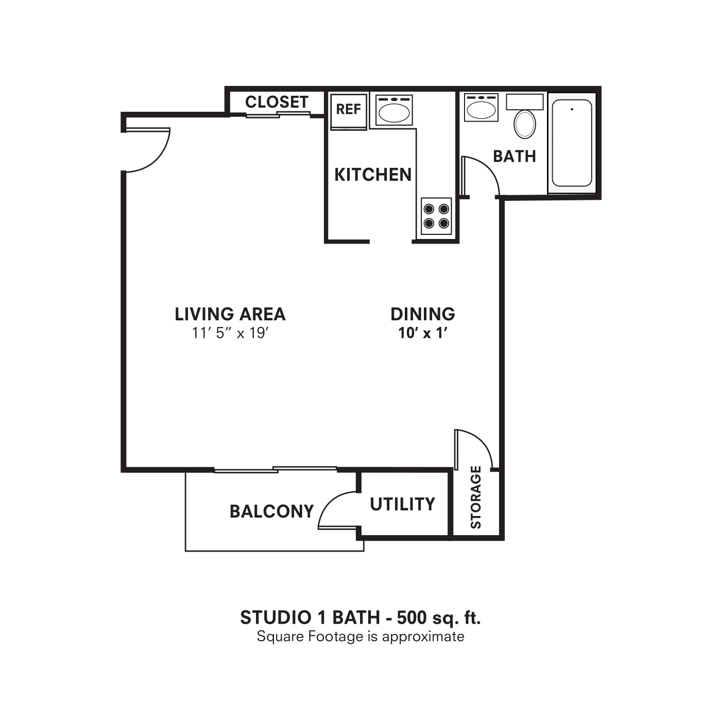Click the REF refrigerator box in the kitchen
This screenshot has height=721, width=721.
click(349, 110)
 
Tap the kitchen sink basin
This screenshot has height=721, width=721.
click(394, 111)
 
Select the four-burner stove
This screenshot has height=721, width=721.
click(436, 216)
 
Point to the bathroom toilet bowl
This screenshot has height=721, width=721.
click(525, 124)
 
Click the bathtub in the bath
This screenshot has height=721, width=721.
click(572, 143)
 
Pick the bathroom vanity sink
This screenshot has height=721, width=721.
click(481, 109)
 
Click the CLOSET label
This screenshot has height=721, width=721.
click(277, 102)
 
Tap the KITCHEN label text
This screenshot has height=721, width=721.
click(373, 175)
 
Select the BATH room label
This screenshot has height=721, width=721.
click(514, 156)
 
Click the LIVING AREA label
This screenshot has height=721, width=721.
click(230, 314)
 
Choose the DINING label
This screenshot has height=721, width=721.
click(423, 314)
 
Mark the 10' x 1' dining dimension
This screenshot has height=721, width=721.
click(423, 333)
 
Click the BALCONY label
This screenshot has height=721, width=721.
click(271, 511)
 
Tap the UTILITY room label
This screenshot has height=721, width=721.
click(403, 504)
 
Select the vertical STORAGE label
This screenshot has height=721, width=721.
click(476, 497)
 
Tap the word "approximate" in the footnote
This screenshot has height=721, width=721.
click(423, 637)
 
